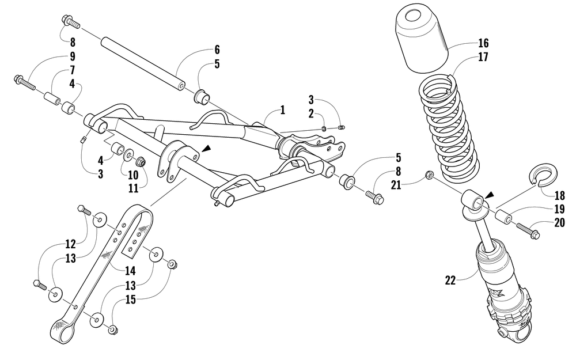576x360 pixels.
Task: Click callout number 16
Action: tap(483, 43)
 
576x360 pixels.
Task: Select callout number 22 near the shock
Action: tap(450, 281)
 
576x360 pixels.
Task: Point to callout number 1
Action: tap(282, 109)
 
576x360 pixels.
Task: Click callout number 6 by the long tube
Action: tap(217, 50)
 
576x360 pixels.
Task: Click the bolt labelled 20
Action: tap(528, 232)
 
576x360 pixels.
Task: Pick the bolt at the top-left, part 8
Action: tap(70, 22)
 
